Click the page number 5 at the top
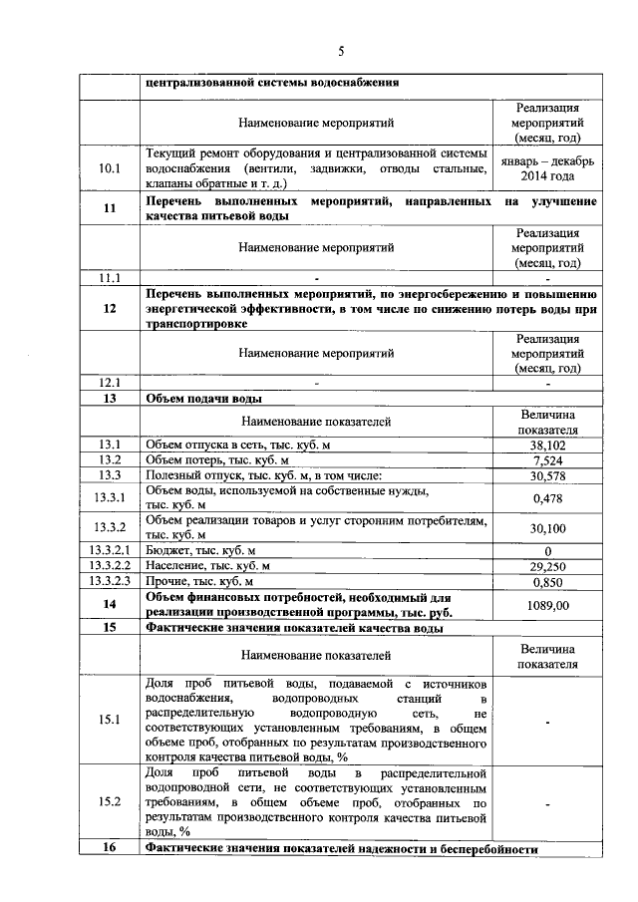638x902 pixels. pyautogui.click(x=340, y=52)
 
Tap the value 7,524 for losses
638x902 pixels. pyautogui.click(x=547, y=460)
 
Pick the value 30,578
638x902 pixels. pyautogui.click(x=547, y=476)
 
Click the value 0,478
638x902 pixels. pyautogui.click(x=547, y=498)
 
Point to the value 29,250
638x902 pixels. pyautogui.click(x=547, y=565)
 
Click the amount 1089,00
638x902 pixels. pyautogui.click(x=547, y=605)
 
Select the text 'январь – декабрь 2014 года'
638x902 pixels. pyautogui.click(x=547, y=168)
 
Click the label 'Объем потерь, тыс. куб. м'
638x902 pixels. pyautogui.click(x=216, y=460)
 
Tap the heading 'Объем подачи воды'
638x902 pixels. pyautogui.click(x=204, y=399)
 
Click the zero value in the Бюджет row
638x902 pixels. pyautogui.click(x=547, y=550)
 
